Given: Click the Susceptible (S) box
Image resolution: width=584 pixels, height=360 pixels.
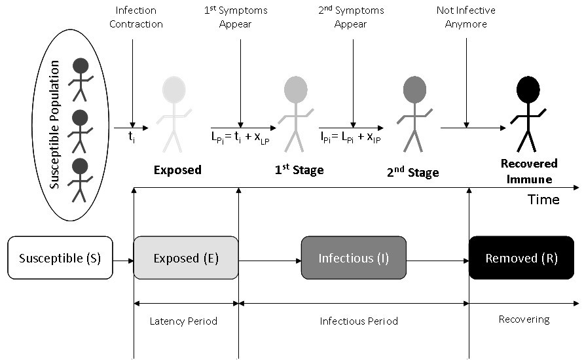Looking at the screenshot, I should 60,258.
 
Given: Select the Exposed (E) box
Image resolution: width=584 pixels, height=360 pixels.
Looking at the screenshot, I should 186,258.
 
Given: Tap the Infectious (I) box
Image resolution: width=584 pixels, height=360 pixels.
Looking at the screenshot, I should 354,258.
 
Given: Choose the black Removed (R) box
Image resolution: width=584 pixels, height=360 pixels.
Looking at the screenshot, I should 521,258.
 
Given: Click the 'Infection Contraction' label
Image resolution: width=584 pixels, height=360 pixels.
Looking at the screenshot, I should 136,17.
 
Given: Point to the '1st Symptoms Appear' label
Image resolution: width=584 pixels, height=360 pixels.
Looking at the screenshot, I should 241,17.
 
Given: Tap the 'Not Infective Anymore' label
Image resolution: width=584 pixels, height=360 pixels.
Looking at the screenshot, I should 466,17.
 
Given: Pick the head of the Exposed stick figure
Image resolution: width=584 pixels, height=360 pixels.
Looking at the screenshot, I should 174,90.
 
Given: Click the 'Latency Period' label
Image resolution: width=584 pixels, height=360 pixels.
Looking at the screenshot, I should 183,321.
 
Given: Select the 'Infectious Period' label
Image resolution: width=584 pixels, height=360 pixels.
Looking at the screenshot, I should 359,321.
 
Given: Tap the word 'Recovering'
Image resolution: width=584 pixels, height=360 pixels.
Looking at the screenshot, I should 524,319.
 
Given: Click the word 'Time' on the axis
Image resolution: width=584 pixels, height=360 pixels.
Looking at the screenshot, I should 543,200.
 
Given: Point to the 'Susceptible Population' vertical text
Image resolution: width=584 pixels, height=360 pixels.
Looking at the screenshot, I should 56,124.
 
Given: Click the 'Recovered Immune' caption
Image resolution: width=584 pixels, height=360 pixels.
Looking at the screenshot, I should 529,170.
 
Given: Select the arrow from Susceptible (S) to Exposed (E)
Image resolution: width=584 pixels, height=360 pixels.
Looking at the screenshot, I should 123,260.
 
